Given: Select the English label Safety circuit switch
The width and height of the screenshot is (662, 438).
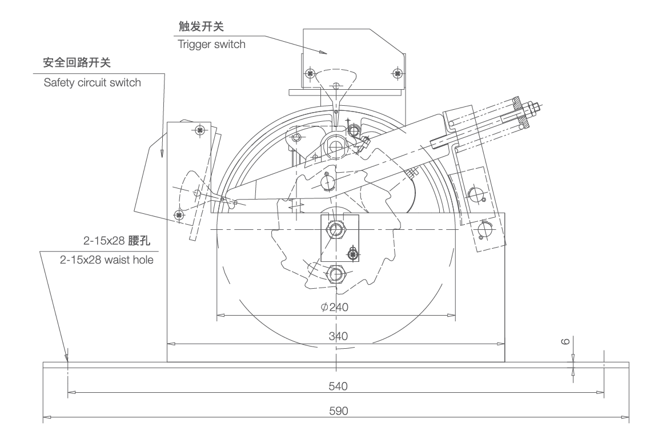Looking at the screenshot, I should (92, 82).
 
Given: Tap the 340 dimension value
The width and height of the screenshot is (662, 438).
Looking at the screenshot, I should (336, 336).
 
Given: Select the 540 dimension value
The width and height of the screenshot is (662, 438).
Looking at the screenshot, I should (336, 385).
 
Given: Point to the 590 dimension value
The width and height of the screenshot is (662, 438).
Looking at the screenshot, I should (336, 411).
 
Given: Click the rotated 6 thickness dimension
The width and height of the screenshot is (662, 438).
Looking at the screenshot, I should (565, 341).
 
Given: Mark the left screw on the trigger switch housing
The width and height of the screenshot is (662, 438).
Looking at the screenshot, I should (310, 73).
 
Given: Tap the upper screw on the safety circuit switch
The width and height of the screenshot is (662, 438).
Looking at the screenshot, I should (199, 130).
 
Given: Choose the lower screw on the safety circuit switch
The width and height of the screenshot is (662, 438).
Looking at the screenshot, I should (179, 214).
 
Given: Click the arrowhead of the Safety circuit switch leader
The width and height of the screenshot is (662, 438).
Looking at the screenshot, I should (162, 154).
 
